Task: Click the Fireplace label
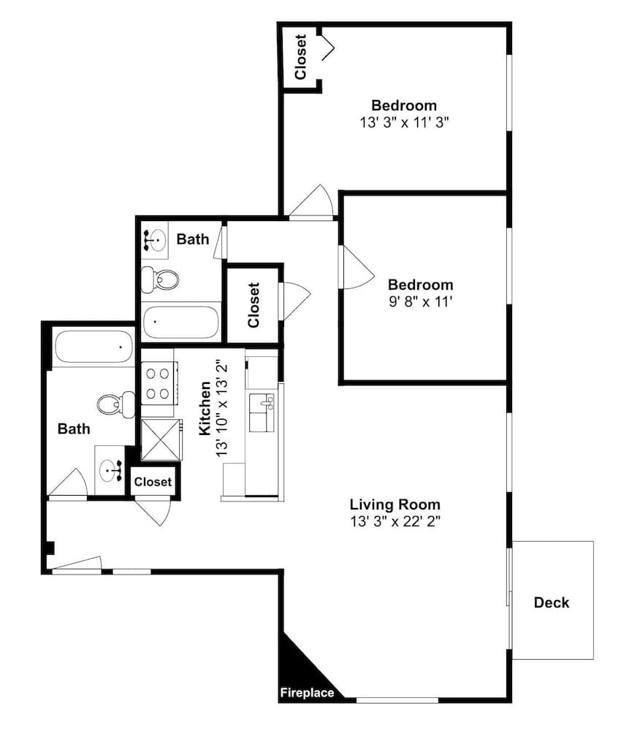[307, 693]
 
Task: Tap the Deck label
[551, 602]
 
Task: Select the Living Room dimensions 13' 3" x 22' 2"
[395, 521]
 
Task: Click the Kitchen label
[205, 408]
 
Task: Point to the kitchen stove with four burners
[158, 384]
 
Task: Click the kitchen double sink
[262, 412]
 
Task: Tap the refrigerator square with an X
[161, 439]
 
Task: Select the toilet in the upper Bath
[160, 280]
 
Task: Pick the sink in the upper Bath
[155, 240]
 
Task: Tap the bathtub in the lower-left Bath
[94, 347]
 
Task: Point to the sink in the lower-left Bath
[110, 471]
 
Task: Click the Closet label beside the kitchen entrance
[153, 482]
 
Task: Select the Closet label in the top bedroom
[301, 57]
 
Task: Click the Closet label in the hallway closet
[254, 305]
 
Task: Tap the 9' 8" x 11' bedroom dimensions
[421, 301]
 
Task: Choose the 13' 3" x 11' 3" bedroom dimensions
[404, 123]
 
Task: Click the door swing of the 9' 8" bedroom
[358, 267]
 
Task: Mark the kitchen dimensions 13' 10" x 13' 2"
[222, 408]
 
